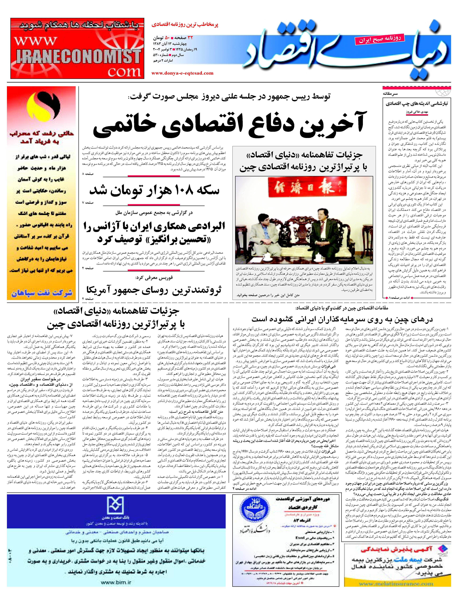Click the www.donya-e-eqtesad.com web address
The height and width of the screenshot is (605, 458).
tap(182, 73)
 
